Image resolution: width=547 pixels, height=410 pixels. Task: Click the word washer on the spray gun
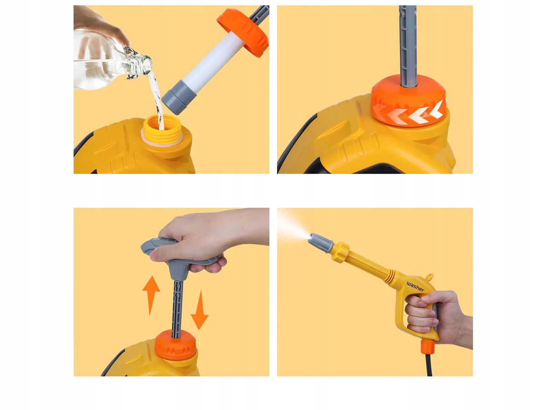point(415,287)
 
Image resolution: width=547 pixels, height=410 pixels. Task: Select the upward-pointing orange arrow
point(151,296)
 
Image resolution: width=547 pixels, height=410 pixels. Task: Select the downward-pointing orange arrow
point(199,310)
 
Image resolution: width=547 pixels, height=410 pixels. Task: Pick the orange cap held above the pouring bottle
point(243,32)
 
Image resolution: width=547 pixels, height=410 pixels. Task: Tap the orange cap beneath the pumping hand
point(175,345)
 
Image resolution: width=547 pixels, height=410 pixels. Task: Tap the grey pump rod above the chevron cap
point(408,46)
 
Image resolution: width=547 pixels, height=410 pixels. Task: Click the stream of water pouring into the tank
point(156,100)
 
